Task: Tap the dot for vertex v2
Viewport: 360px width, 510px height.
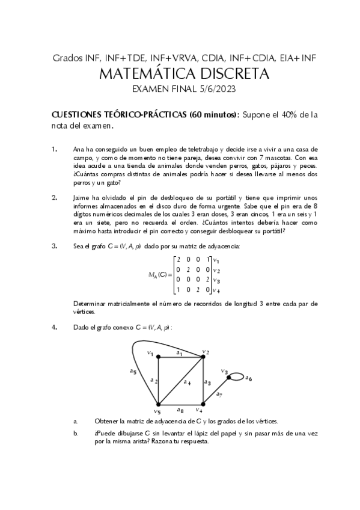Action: (203, 357)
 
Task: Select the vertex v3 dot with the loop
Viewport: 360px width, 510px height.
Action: (230, 377)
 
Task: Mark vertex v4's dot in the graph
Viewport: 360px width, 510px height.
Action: (203, 404)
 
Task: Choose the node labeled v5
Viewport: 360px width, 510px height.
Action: (158, 404)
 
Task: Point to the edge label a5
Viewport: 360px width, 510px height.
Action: (133, 371)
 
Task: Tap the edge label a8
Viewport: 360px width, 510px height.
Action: (181, 410)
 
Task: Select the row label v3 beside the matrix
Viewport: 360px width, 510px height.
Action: (217, 280)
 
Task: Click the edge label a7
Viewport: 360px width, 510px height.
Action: (219, 395)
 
